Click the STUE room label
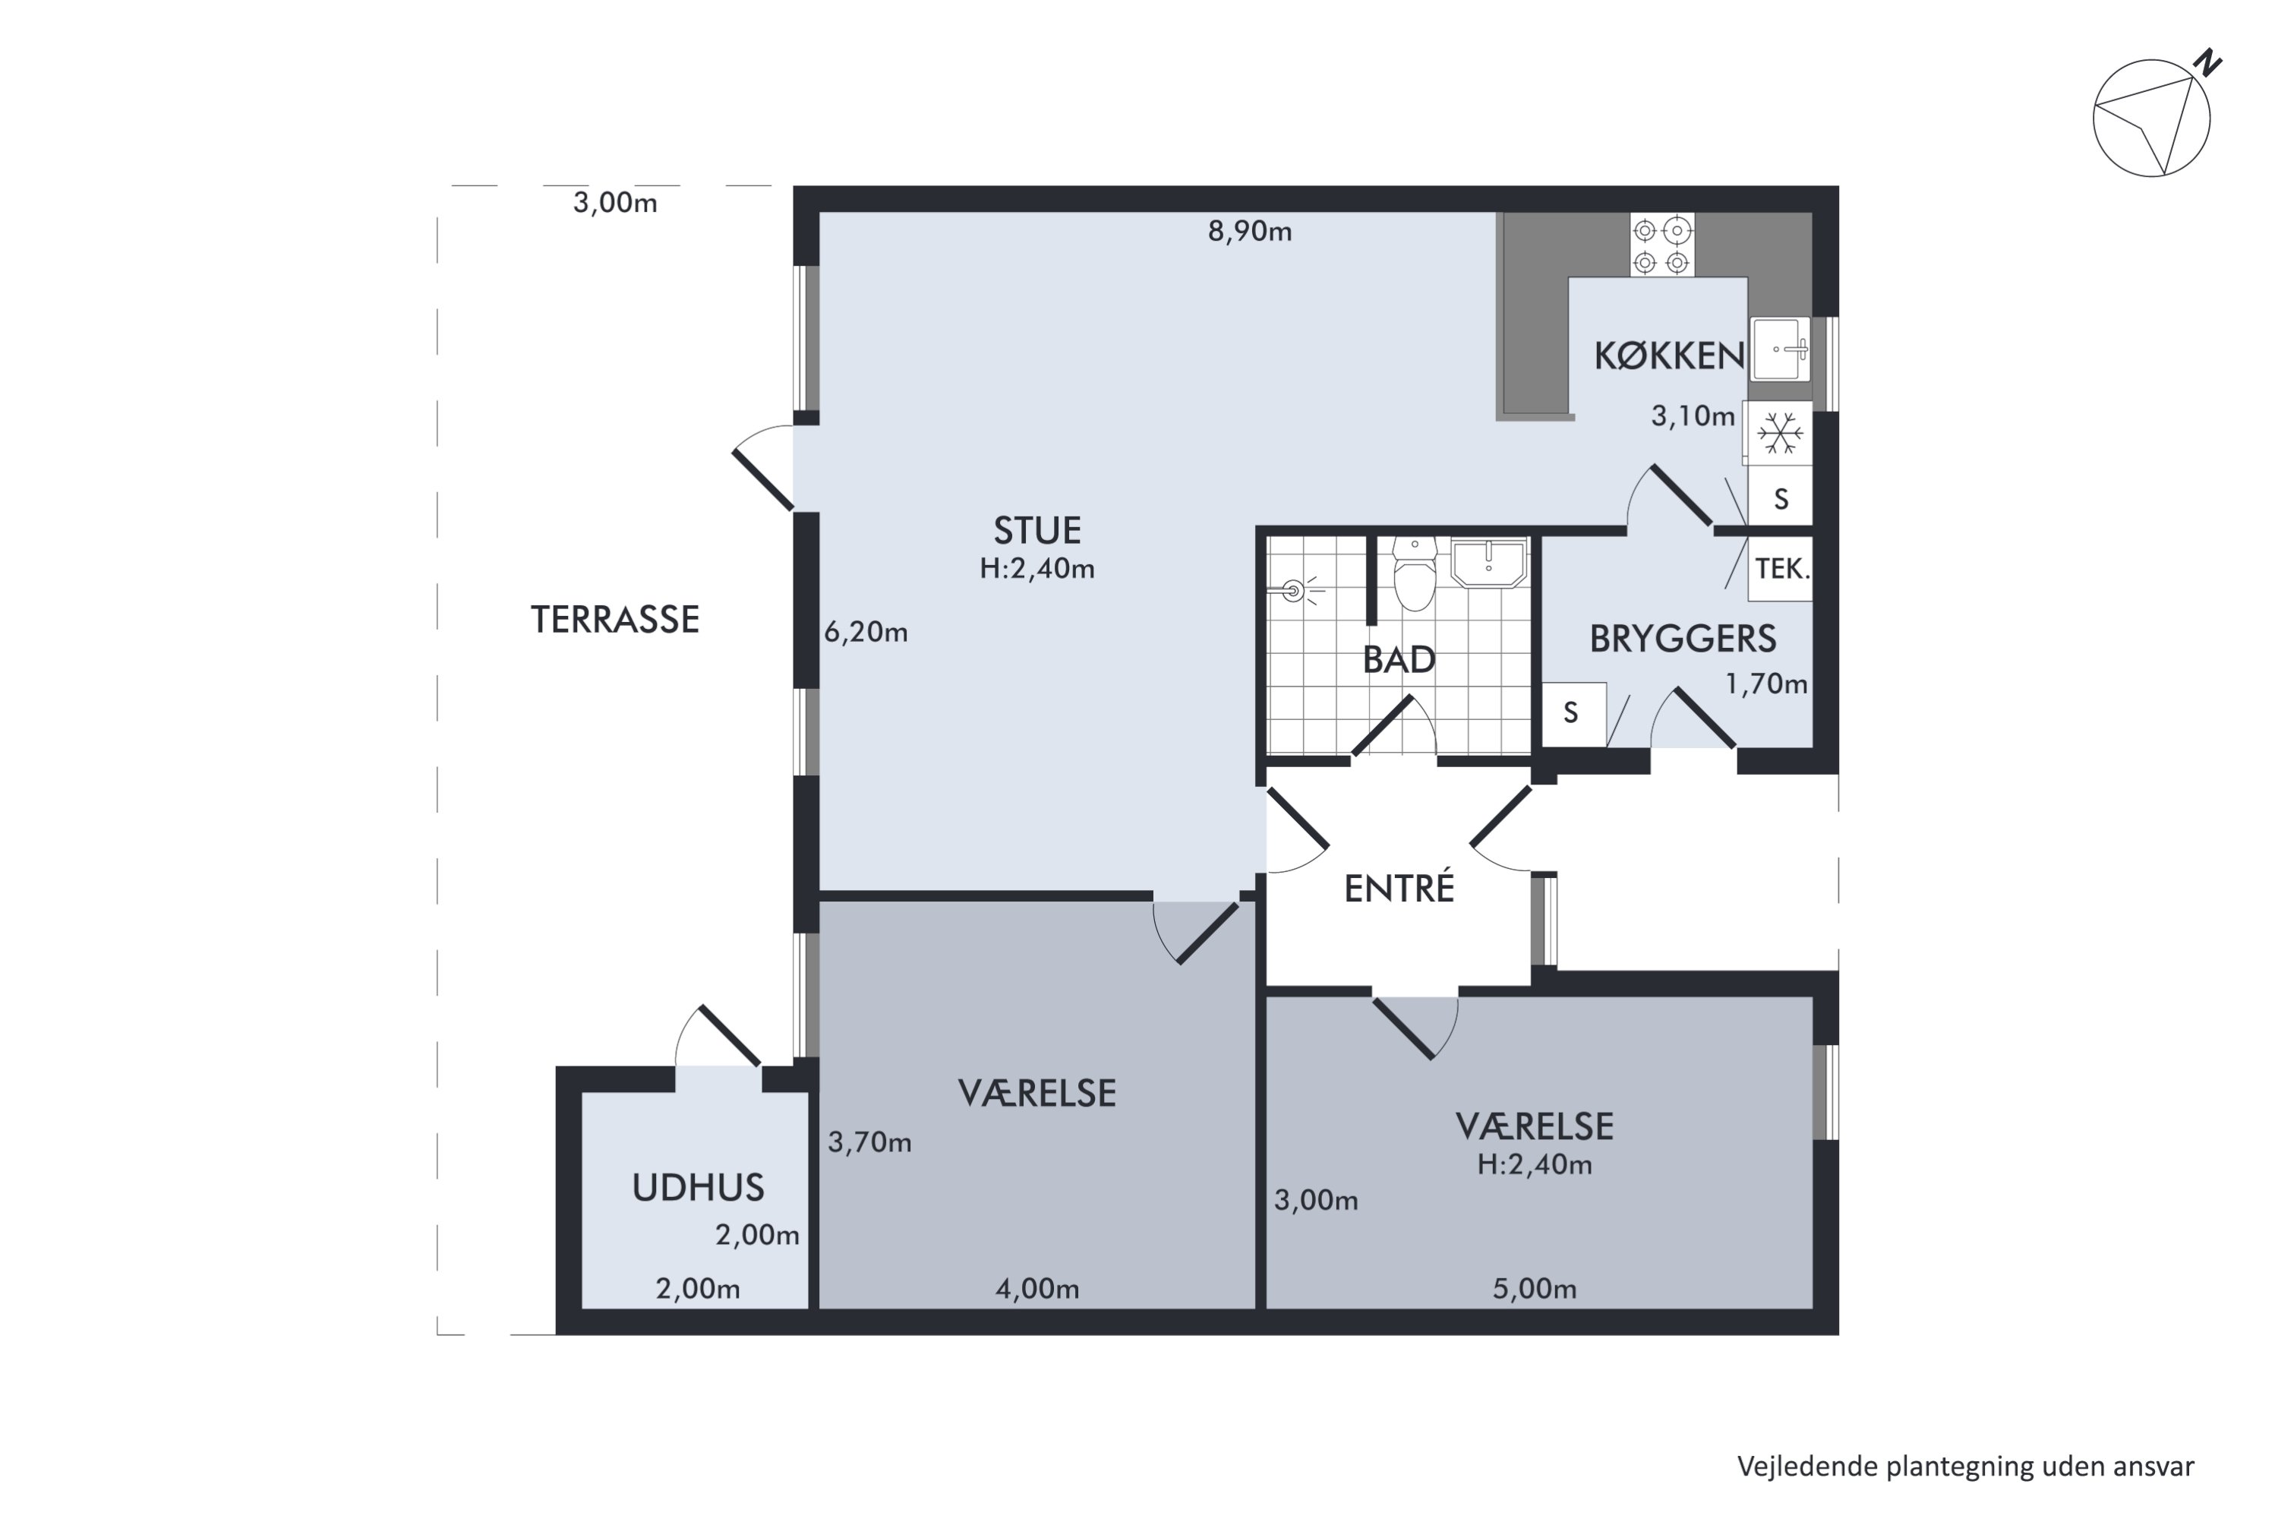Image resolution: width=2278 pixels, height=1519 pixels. point(1036,531)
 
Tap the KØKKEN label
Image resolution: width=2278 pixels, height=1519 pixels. point(1669,356)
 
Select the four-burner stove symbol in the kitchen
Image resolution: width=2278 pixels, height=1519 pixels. point(1662,245)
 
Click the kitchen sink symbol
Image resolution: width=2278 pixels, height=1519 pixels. point(1780,349)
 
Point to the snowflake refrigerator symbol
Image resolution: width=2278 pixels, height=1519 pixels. point(1780,433)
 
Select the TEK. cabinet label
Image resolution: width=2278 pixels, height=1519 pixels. point(1782,569)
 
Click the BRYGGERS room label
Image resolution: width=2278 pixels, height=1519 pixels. point(1683,639)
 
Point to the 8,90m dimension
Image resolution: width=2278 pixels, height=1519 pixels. point(1249,232)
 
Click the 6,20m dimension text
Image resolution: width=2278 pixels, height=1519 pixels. point(866,633)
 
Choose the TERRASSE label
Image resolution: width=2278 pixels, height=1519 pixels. point(615,620)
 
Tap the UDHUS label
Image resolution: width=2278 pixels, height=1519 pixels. point(699,1188)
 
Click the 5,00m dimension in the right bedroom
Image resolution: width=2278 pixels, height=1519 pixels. point(1534,1290)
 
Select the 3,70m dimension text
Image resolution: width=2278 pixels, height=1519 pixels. point(869,1143)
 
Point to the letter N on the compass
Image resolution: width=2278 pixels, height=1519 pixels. point(2208,63)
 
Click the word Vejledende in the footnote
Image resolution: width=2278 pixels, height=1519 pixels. point(1807,1467)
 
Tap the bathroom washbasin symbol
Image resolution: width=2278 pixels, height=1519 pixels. point(1488,564)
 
